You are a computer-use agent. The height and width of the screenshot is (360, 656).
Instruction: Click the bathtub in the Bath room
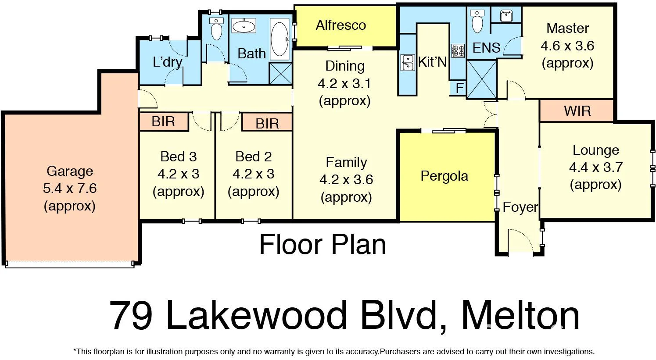point(280,39)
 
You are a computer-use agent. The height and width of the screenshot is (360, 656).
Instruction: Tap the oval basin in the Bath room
point(244,27)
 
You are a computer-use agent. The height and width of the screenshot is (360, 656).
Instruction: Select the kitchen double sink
point(408,62)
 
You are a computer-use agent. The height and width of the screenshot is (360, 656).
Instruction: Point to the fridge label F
point(459,88)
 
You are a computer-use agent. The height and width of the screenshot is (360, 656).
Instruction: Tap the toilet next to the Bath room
point(216,29)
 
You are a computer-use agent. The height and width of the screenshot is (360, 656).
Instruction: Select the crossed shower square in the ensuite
point(482,79)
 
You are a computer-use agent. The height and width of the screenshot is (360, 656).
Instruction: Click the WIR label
point(577,111)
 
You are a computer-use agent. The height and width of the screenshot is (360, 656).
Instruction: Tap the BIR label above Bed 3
point(163,121)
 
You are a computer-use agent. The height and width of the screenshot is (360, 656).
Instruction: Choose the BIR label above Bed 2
point(267,124)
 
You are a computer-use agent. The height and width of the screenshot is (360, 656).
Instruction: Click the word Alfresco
point(341,25)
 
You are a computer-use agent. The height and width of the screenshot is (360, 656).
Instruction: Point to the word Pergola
point(444,176)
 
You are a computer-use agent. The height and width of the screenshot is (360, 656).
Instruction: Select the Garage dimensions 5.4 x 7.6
point(70,189)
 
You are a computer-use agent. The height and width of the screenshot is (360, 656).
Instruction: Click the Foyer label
point(520,207)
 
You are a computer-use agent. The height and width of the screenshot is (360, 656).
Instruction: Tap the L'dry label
point(167,62)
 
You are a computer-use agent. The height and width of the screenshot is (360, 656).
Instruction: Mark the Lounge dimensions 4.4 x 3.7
point(595,168)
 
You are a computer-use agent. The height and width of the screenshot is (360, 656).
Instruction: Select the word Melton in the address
point(520,316)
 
